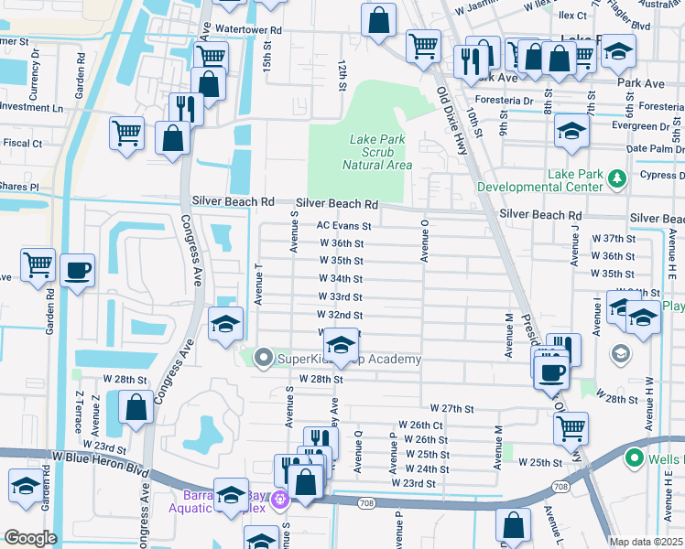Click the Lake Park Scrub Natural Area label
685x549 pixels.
376,153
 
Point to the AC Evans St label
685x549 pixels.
343,225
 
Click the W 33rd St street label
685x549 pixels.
340,297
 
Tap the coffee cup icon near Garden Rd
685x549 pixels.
78,270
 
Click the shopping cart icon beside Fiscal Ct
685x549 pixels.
126,133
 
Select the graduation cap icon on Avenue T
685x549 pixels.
225,324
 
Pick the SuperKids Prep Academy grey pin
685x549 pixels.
265,358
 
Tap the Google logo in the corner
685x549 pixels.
30,538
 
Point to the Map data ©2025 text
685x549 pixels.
646,542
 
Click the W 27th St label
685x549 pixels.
451,408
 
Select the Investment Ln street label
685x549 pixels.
32,107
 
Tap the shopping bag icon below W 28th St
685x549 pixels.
136,409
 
